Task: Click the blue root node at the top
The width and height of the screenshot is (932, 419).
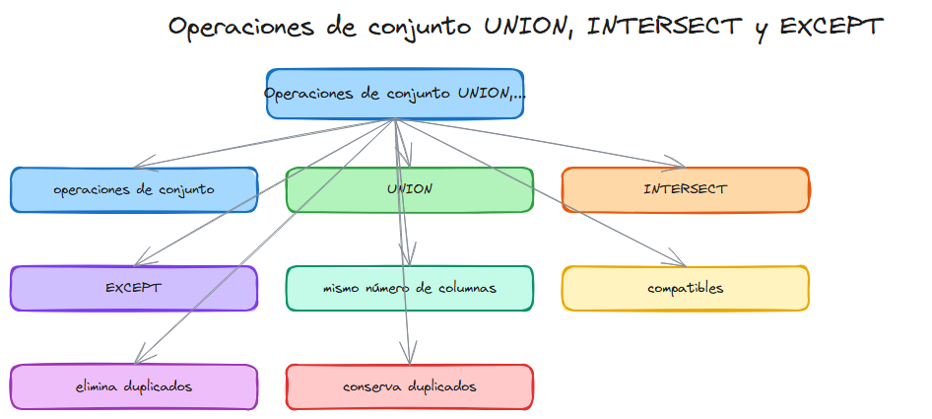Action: click(x=394, y=94)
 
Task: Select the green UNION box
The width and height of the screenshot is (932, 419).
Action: click(x=409, y=189)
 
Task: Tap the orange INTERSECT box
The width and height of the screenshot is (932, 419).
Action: click(x=685, y=189)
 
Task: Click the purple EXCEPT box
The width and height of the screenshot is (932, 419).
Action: click(x=133, y=288)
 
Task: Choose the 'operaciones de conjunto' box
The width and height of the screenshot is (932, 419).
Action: click(x=133, y=189)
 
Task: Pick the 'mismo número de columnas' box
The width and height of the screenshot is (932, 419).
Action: click(x=409, y=288)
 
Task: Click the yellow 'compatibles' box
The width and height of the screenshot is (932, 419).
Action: click(x=685, y=288)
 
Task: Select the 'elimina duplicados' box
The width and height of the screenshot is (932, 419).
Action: click(x=133, y=386)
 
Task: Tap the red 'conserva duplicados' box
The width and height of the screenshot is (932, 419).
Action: click(x=409, y=386)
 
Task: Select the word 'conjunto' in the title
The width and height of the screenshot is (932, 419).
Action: click(x=418, y=27)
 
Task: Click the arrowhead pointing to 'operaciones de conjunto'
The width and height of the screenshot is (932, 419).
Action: click(x=139, y=164)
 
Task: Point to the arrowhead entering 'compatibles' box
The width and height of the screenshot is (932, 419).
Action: click(x=677, y=262)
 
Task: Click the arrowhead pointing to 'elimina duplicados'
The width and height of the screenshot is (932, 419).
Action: click(x=140, y=357)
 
